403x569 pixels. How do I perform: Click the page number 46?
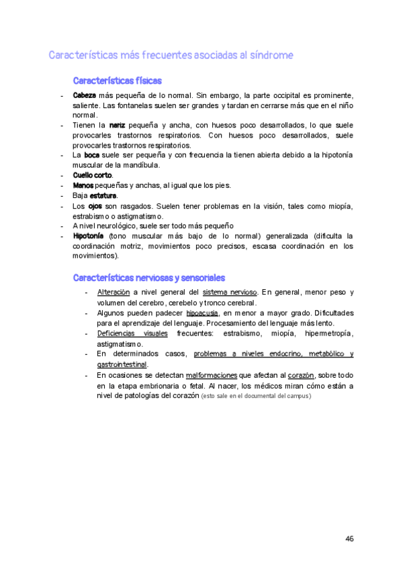click(349, 539)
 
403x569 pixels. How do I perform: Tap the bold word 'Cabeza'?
click(85, 95)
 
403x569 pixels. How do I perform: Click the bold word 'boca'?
click(91, 155)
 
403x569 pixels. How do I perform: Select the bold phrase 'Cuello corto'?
click(93, 175)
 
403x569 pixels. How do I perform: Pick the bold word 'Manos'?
click(83, 185)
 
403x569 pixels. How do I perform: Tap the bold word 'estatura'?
click(103, 195)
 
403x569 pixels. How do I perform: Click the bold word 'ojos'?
click(95, 206)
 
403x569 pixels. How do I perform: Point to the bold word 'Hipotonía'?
click(88, 236)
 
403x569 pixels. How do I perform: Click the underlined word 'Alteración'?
click(113, 293)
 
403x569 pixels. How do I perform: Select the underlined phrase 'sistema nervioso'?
click(230, 293)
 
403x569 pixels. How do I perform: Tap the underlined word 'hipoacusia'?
click(201, 313)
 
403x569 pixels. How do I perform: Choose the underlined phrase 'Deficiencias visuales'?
click(132, 333)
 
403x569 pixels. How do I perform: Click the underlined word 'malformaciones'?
click(212, 375)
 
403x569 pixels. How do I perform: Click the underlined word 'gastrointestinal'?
click(130, 364)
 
